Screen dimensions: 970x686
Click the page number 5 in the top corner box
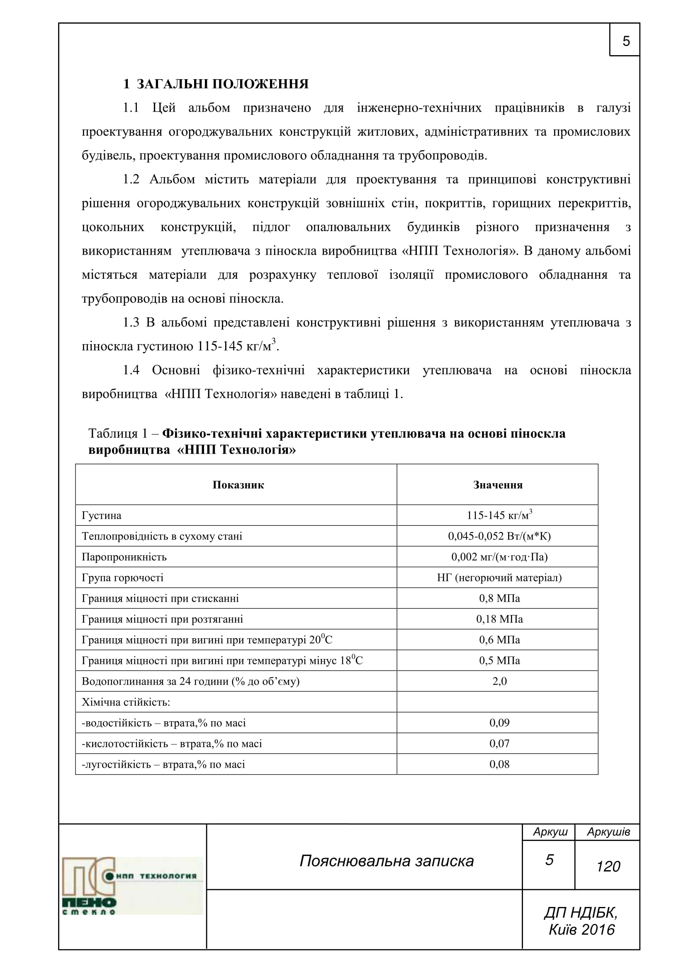coord(626,41)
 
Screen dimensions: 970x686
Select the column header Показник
coord(238,484)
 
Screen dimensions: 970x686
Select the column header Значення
coord(498,484)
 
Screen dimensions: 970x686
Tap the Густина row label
coord(101,515)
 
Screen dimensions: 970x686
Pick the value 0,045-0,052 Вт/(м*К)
coord(499,536)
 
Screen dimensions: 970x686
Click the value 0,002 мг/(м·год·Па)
coord(499,557)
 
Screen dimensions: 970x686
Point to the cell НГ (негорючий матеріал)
coord(499,578)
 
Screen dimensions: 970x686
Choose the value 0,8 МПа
coord(499,598)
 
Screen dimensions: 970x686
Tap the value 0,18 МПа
coord(499,619)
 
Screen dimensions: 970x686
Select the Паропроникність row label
coord(124,557)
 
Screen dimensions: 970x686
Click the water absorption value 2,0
coord(499,681)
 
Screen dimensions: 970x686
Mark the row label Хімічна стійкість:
coord(126,702)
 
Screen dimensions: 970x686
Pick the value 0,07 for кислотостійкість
coord(499,743)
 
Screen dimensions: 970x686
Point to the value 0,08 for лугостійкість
coord(499,764)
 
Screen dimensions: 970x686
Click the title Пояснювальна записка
coord(387,861)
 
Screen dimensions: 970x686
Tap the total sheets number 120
coord(608,866)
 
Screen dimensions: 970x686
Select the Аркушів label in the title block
coord(608,832)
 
